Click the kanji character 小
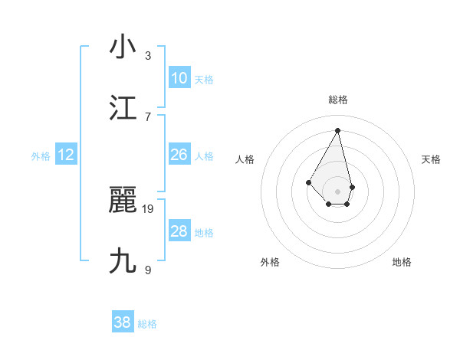coord(123,47)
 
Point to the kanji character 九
coord(123,261)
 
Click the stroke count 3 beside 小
coord(148,56)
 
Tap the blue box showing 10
coord(179,78)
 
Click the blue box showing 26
coord(179,155)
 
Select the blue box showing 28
coord(179,231)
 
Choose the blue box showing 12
coord(66,155)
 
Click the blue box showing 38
coord(123,322)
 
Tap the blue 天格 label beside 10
coord(204,80)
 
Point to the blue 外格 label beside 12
coord(41,156)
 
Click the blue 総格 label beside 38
coord(147,324)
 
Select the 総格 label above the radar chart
coord(337,100)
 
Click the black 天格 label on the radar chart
coord(431,159)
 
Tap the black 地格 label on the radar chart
coord(402,262)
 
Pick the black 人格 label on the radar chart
coord(245,159)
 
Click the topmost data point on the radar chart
coord(337,129)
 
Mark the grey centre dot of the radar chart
coord(337,191)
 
